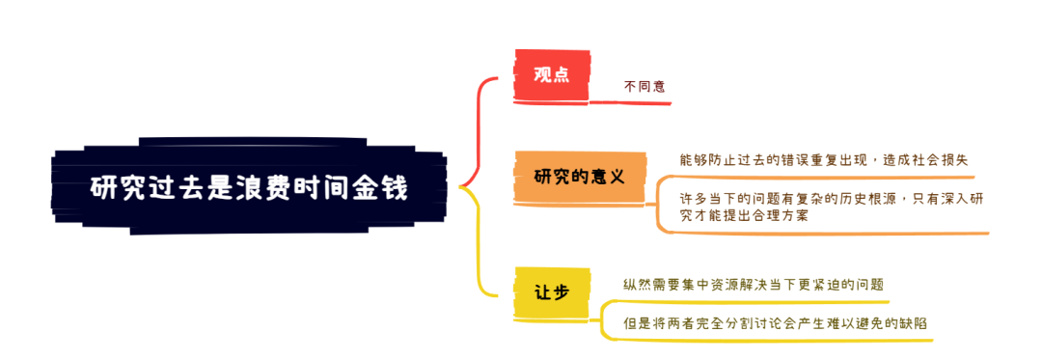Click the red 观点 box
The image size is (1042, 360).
tap(551, 74)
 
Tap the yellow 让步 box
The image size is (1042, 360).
tap(551, 291)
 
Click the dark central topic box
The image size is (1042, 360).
tap(249, 187)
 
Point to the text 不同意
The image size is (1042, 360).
tap(644, 87)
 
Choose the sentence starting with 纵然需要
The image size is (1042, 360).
tap(753, 285)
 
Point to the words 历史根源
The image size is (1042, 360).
tap(848, 199)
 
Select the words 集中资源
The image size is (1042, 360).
tap(710, 285)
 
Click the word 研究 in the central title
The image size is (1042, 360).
tap(113, 187)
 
